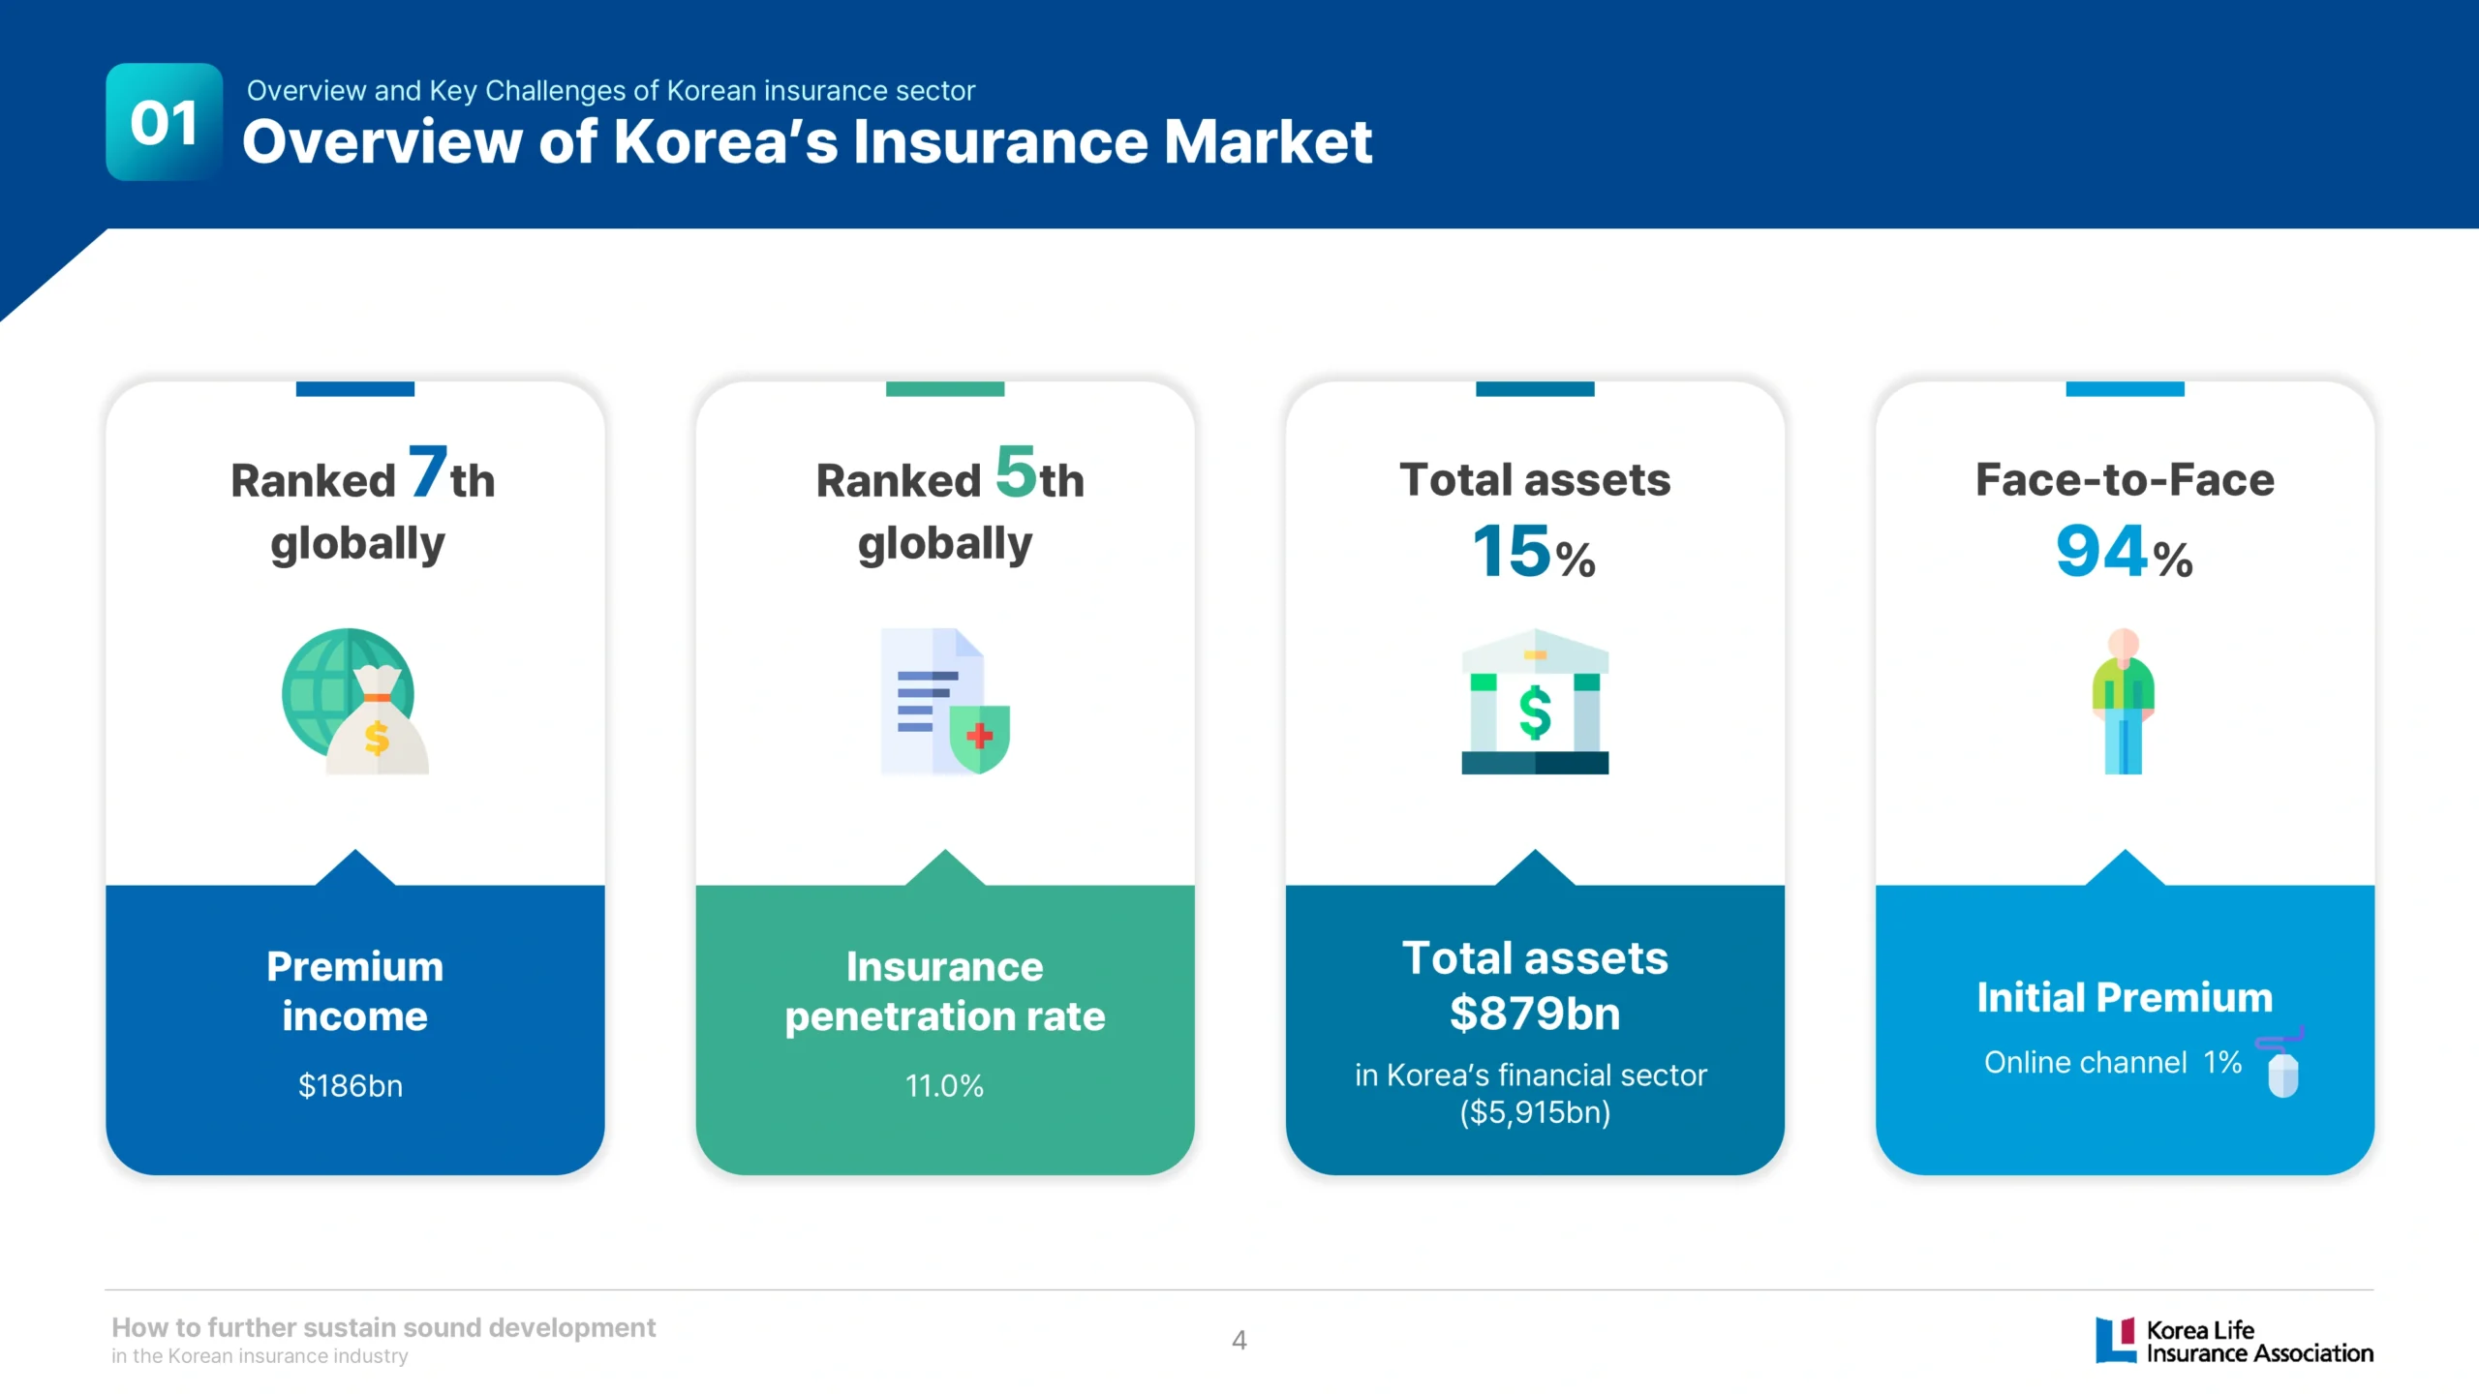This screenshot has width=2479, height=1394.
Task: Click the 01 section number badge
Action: coord(165,122)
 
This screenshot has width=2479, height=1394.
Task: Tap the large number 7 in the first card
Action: coord(427,471)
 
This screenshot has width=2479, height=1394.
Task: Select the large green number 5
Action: coord(1016,471)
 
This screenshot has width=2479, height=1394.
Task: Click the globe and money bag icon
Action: coord(354,701)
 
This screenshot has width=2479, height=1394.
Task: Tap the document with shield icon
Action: coord(945,701)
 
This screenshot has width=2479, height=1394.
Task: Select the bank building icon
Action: coord(1535,701)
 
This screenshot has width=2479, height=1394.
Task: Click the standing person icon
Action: coord(2124,701)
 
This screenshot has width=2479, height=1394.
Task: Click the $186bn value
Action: coord(351,1086)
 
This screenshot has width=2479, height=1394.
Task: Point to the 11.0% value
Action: coord(944,1086)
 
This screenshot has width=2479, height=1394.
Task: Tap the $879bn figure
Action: coord(1535,1014)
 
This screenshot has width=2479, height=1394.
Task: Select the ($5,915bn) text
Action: coord(1535,1112)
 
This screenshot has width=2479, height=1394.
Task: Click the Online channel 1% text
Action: coord(2113,1062)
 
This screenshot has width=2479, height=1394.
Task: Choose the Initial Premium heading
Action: coord(2125,997)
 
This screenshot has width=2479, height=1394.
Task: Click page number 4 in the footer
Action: coord(1239,1341)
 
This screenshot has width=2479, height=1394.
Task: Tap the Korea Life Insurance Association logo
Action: coord(2234,1341)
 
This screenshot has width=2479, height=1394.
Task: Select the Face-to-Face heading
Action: coord(2125,479)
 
